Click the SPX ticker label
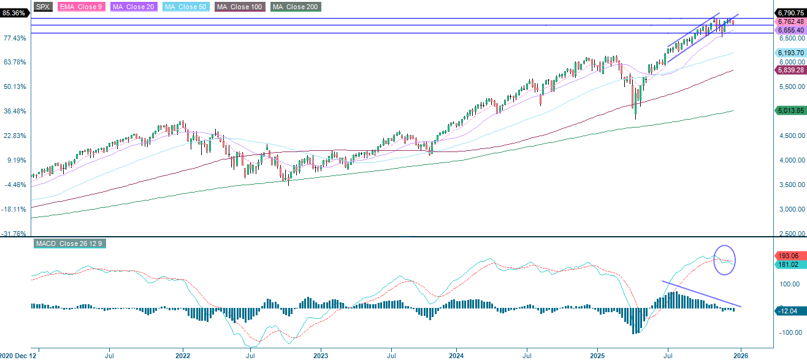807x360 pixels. point(42,7)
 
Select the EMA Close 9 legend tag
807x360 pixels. point(81,7)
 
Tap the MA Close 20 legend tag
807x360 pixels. point(132,7)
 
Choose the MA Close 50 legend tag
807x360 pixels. point(185,7)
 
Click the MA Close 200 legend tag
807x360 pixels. point(295,7)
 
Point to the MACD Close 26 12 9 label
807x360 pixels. point(69,243)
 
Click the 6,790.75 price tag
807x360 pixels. point(790,13)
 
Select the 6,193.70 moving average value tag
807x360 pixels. point(790,53)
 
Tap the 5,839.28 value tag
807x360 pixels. point(790,71)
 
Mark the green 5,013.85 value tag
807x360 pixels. point(790,111)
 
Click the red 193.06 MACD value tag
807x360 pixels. point(790,255)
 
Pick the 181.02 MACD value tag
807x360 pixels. point(790,265)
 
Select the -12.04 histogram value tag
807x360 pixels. point(790,311)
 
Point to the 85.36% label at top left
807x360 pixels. point(14,13)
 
